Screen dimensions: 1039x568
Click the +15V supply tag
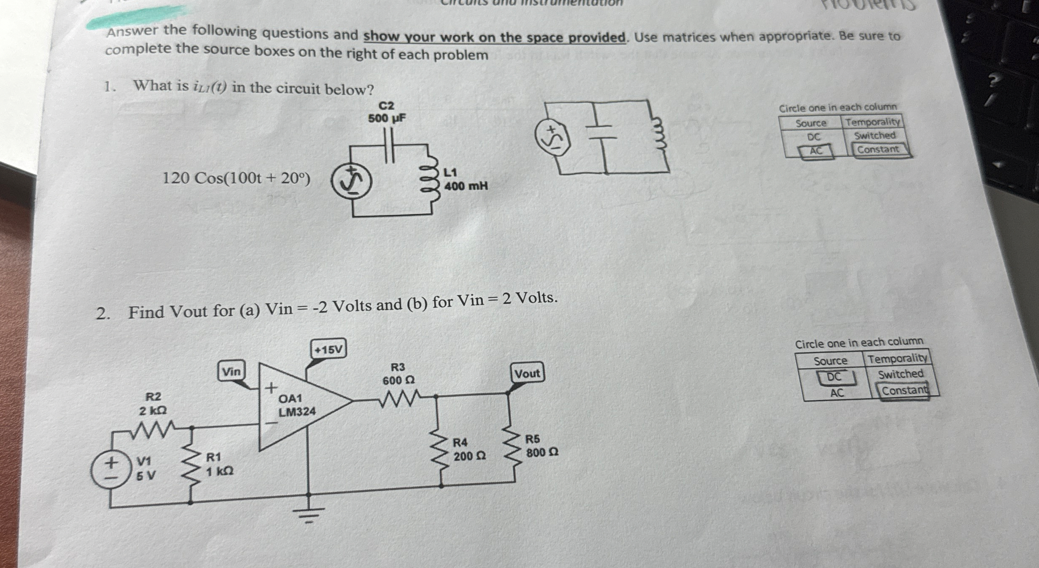click(328, 349)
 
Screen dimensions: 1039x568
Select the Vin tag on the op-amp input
click(231, 371)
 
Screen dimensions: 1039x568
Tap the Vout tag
click(527, 373)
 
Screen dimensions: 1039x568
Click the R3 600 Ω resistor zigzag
click(398, 398)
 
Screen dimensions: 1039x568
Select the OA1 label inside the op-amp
click(290, 398)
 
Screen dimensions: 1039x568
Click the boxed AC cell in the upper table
click(816, 150)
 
